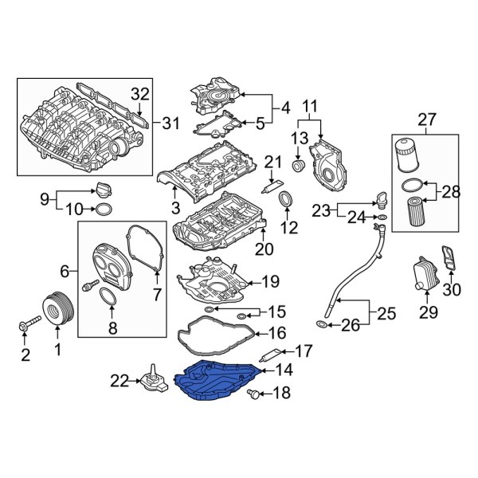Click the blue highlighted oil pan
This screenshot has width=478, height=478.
pos(219,380)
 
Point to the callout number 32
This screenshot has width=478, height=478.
pos(140,95)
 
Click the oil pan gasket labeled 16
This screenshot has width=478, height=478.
pos(215,334)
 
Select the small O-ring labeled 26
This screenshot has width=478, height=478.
pos(320,324)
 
